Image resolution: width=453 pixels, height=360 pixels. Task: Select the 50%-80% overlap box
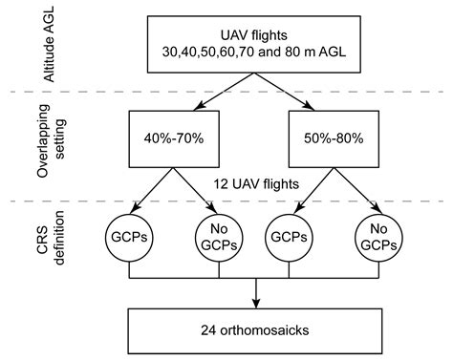click(334, 140)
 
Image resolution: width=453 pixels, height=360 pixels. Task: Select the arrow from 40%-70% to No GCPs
click(194, 189)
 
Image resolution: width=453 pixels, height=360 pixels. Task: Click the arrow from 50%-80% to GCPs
click(314, 189)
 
